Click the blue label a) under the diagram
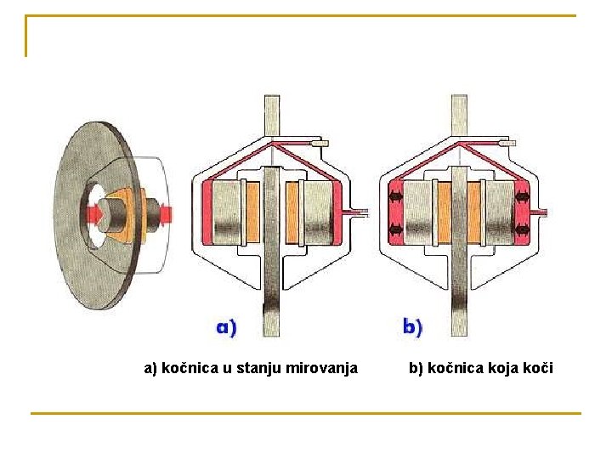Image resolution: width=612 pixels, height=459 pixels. pyautogui.click(x=226, y=326)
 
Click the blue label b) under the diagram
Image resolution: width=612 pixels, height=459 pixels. pyautogui.click(x=412, y=326)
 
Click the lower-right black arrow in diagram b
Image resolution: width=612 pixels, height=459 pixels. pyautogui.click(x=522, y=229)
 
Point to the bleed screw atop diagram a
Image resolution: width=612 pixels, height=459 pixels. pyautogui.click(x=321, y=144)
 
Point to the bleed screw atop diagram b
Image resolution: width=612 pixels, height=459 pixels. pyautogui.click(x=507, y=144)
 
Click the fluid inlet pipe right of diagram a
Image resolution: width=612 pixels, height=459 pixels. pyautogui.click(x=356, y=211)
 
